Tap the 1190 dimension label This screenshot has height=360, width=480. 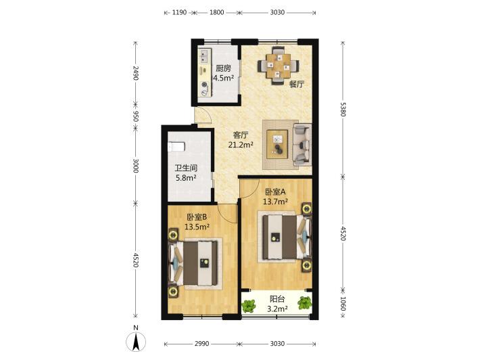[x=179, y=13]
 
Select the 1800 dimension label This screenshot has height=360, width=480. [x=216, y=13]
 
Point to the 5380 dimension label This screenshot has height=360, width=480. [x=343, y=109]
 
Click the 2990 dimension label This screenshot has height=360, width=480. [x=201, y=344]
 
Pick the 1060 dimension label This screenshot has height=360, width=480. [x=343, y=303]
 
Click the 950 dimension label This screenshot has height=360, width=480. [x=136, y=116]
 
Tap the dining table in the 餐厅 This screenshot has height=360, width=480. [x=279, y=65]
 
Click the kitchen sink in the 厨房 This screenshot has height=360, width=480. [x=203, y=56]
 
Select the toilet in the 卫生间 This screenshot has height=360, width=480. [x=176, y=147]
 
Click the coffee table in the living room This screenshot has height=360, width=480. [x=277, y=144]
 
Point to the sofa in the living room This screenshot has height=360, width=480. [x=302, y=145]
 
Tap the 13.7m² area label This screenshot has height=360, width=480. [x=275, y=201]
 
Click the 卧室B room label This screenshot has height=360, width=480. [x=197, y=217]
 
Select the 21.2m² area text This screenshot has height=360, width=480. [x=241, y=145]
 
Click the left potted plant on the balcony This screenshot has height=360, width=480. [x=249, y=305]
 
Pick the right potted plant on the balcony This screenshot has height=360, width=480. [x=304, y=303]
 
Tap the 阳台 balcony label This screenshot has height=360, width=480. [x=277, y=299]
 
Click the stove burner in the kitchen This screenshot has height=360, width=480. [x=204, y=85]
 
